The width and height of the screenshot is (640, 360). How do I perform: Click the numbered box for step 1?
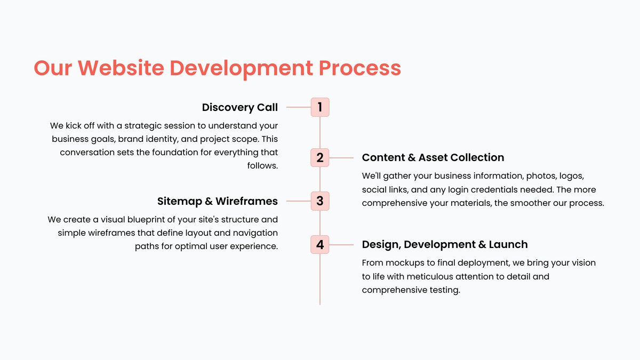tap(320, 107)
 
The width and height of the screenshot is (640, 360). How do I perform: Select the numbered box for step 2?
tap(320, 158)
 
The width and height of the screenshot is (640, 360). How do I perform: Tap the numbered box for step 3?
tap(320, 201)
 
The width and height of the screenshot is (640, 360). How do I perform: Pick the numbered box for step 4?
tap(320, 245)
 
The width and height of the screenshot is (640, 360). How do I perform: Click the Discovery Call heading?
tap(239, 107)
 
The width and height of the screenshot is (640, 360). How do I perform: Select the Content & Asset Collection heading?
tap(433, 157)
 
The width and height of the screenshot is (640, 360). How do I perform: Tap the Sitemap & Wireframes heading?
tap(218, 201)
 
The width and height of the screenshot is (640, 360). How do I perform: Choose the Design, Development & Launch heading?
tap(445, 245)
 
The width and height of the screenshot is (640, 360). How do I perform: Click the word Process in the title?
tap(359, 68)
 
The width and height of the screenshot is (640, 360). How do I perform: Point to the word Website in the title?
tap(121, 68)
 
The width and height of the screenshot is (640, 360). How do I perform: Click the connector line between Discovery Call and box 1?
tap(299, 107)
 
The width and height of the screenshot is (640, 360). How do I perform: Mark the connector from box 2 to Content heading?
tap(341, 158)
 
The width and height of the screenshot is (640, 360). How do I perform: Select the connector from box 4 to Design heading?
tap(341, 245)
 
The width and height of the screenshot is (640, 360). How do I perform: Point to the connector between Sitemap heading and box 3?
tap(299, 201)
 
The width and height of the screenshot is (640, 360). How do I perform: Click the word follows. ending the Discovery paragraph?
tap(262, 166)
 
